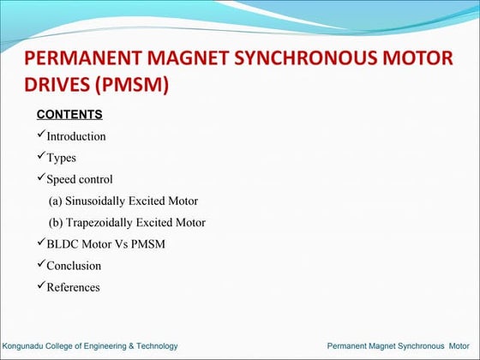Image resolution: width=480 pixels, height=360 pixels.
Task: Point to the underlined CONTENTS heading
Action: (x=69, y=114)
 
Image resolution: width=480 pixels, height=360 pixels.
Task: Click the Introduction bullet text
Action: (x=76, y=136)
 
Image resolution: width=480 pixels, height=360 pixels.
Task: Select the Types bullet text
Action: (x=61, y=158)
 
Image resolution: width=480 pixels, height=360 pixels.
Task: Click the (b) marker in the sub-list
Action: (x=56, y=223)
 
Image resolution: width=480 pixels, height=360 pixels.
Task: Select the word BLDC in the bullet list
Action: (x=62, y=244)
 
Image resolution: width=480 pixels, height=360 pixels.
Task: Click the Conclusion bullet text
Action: (x=74, y=266)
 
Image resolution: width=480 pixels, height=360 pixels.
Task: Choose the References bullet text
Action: (x=73, y=287)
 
